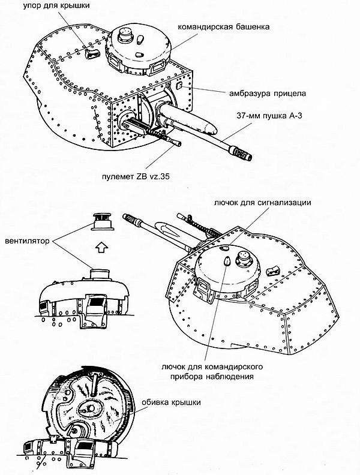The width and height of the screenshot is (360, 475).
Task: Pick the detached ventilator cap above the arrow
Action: [x=102, y=223]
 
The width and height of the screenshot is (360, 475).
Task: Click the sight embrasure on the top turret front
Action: [x=179, y=86]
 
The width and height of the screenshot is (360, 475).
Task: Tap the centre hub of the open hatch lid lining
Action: [x=89, y=407]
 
